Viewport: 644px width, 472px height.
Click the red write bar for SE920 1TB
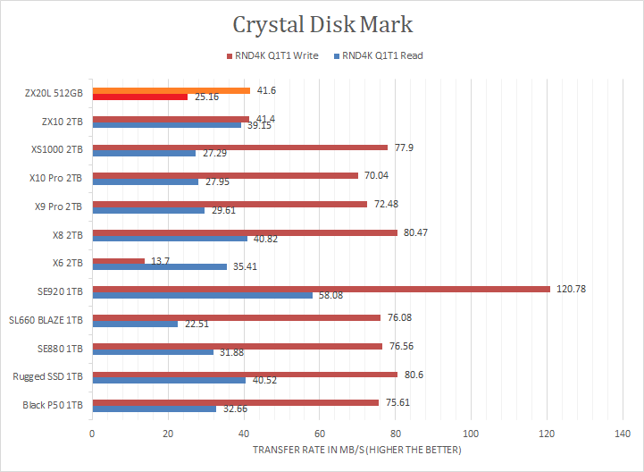pyautogui.click(x=321, y=289)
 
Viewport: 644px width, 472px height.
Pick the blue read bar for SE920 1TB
pyautogui.click(x=202, y=294)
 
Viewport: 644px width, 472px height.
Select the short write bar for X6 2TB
pyautogui.click(x=118, y=260)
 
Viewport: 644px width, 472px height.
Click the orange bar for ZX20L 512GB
pyautogui.click(x=171, y=90)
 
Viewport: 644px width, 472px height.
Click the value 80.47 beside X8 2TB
pyautogui.click(x=416, y=232)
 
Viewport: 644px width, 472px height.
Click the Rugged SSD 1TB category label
pyautogui.click(x=48, y=376)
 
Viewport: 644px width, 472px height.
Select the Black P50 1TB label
pyautogui.click(x=52, y=405)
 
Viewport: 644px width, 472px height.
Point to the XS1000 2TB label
pyautogui.click(x=56, y=149)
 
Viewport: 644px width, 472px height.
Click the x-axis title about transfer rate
pyautogui.click(x=356, y=449)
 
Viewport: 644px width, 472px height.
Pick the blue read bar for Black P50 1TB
pyautogui.click(x=154, y=408)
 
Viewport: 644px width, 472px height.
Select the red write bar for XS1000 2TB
pyautogui.click(x=239, y=147)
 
